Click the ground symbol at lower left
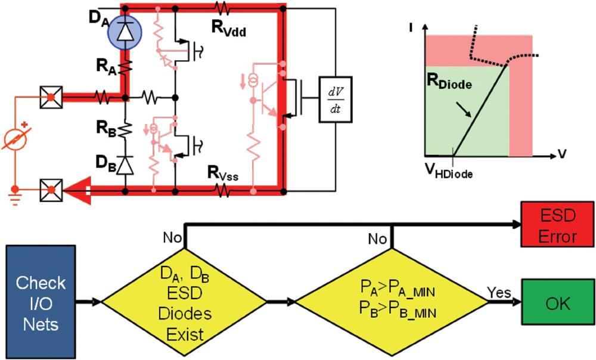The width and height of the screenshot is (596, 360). click(x=11, y=194)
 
